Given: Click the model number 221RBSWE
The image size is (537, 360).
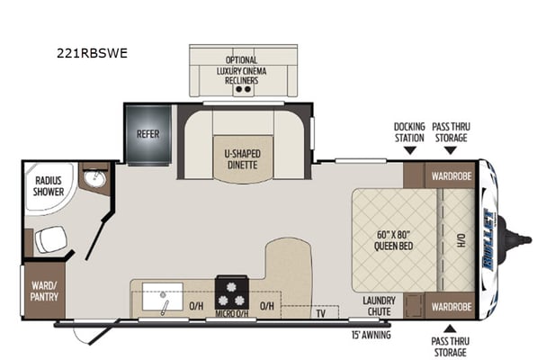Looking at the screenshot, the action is (x=92, y=53).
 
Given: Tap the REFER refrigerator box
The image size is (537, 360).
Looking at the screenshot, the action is (x=148, y=134).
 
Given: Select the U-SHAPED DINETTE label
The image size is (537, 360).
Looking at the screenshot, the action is (x=243, y=159).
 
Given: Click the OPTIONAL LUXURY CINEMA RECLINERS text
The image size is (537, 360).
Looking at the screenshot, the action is (x=241, y=70).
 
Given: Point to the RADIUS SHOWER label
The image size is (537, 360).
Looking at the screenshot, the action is (x=49, y=186).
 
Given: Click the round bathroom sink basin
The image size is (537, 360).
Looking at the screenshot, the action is (x=94, y=178).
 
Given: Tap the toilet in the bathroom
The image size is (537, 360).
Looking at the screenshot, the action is (x=50, y=238).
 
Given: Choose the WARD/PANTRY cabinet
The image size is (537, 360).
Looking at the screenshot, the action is (x=44, y=291).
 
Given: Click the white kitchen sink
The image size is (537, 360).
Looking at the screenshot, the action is (x=163, y=297).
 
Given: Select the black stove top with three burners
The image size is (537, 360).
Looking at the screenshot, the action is (x=231, y=292).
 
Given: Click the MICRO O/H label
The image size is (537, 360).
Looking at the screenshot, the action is (x=232, y=313).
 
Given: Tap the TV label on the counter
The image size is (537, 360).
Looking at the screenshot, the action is (x=321, y=313).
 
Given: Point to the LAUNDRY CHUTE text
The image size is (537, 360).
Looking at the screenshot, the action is (x=379, y=306).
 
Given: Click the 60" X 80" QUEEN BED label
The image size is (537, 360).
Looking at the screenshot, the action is (x=393, y=240).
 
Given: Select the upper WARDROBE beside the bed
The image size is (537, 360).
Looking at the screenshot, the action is (x=451, y=176).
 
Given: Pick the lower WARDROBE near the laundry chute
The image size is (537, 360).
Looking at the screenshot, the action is (x=451, y=307).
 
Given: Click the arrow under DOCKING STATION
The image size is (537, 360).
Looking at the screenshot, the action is (x=410, y=150).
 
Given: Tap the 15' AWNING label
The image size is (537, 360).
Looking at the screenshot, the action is (x=371, y=335).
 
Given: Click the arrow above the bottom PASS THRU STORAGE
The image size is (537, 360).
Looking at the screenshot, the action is (x=450, y=328).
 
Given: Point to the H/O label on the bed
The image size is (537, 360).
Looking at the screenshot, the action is (x=461, y=240).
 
